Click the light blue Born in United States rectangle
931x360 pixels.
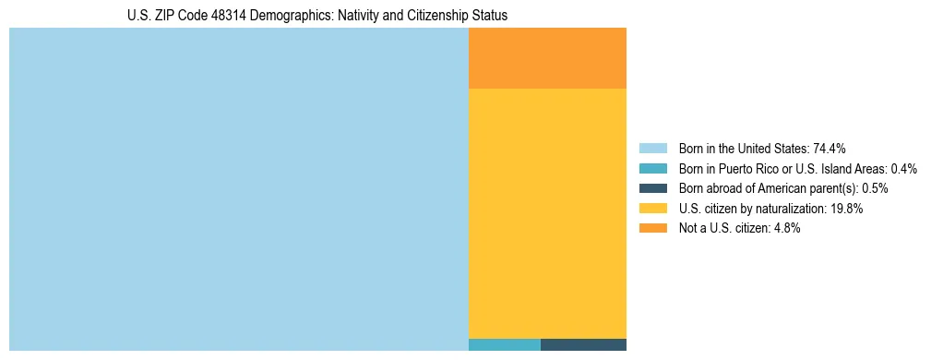(238, 188)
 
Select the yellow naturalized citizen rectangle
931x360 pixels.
(547, 213)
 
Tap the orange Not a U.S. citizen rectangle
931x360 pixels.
(547, 57)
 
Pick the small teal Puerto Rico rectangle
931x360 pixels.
(504, 345)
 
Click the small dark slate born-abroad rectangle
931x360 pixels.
(583, 345)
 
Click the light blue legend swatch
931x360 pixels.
(652, 149)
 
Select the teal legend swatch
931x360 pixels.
(652, 169)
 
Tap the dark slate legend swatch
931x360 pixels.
(652, 188)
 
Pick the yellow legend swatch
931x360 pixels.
(652, 209)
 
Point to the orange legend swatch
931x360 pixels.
(652, 228)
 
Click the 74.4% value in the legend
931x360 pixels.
(830, 149)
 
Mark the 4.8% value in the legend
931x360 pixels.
(785, 228)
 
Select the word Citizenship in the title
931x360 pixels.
(438, 16)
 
